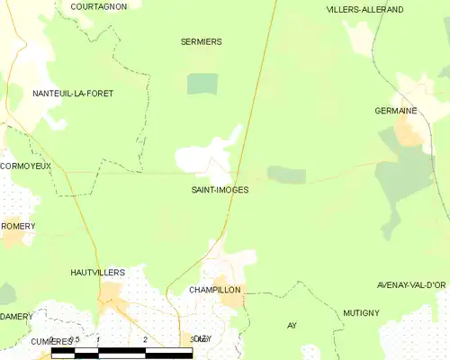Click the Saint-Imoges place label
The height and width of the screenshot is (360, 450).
pyautogui.click(x=220, y=190)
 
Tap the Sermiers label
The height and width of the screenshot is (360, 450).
pyautogui.click(x=201, y=41)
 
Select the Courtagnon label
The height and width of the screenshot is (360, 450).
pyautogui.click(x=98, y=6)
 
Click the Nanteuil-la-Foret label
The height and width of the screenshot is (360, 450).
pyautogui.click(x=73, y=94)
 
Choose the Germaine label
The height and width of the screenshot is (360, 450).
pyautogui.click(x=396, y=110)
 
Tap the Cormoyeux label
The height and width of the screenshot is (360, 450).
pyautogui.click(x=26, y=166)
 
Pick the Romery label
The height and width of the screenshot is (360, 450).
pyautogui.click(x=18, y=226)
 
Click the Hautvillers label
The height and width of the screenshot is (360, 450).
pyautogui.click(x=97, y=271)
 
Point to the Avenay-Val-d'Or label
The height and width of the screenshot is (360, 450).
pyautogui.click(x=412, y=285)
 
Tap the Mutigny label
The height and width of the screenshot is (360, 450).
pyautogui.click(x=361, y=312)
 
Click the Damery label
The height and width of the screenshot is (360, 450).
pyautogui.click(x=16, y=316)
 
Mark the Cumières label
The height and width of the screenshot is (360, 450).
pyautogui.click(x=49, y=342)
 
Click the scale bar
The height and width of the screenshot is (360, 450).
pyautogui.click(x=121, y=353)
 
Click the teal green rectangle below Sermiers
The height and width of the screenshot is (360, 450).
pyautogui.click(x=202, y=84)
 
